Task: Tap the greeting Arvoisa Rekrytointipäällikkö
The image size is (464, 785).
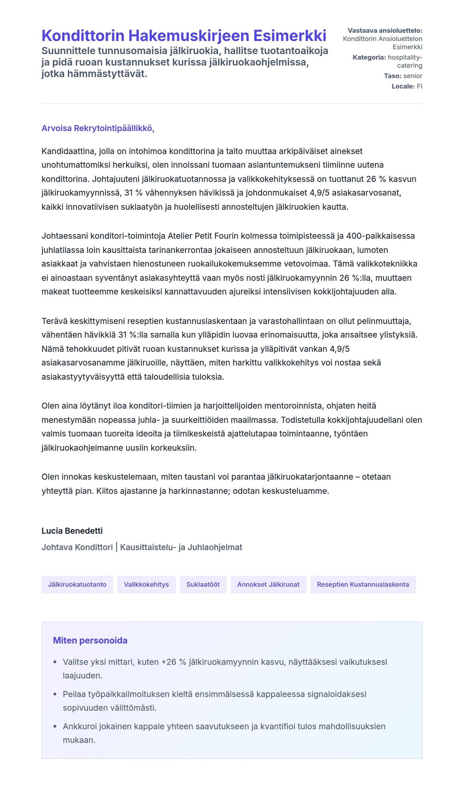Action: tap(98, 128)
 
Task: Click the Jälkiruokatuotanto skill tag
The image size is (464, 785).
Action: tap(77, 585)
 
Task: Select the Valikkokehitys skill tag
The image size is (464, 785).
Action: tap(146, 585)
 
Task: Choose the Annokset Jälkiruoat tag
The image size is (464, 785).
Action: tap(268, 585)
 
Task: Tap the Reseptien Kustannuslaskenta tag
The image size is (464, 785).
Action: tap(363, 585)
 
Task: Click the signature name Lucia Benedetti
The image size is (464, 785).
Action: tap(72, 531)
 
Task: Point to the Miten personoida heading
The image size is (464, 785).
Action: tap(90, 641)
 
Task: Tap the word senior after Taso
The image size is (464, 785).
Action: tap(413, 76)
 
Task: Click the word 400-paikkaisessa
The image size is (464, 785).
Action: tap(380, 236)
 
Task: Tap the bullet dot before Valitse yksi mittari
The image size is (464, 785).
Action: tap(55, 662)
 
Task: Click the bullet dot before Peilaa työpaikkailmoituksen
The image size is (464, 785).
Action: tap(55, 694)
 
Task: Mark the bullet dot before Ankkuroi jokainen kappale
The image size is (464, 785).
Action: tap(55, 727)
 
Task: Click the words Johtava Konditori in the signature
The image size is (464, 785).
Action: tap(77, 547)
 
